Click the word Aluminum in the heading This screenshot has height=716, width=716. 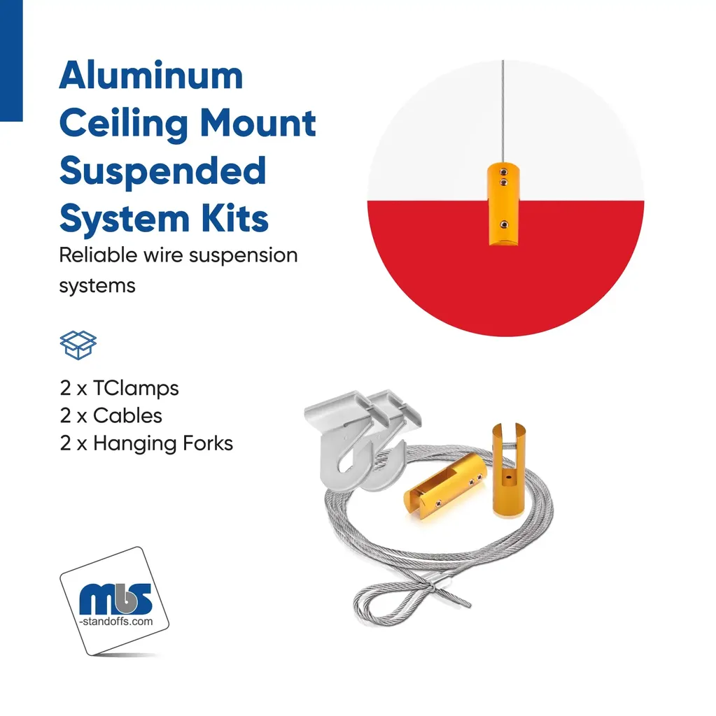pyautogui.click(x=151, y=76)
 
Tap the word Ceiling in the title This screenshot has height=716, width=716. pyautogui.click(x=123, y=124)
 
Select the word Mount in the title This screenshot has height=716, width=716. pyautogui.click(x=258, y=123)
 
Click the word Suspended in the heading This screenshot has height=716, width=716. pyautogui.click(x=163, y=171)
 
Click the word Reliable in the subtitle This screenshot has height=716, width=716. pyautogui.click(x=98, y=255)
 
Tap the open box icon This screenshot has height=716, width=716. pyautogui.click(x=78, y=345)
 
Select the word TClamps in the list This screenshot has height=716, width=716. pyautogui.click(x=136, y=389)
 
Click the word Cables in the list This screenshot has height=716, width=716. pyautogui.click(x=127, y=416)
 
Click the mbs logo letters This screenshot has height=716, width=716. pyautogui.click(x=115, y=599)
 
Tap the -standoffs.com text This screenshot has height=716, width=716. pyautogui.click(x=116, y=622)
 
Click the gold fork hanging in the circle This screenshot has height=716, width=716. pyautogui.click(x=503, y=204)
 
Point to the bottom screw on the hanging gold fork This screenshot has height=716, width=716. pyautogui.click(x=504, y=224)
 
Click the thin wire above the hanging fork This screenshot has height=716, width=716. pyautogui.click(x=503, y=111)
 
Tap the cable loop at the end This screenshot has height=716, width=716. pyautogui.click(x=393, y=603)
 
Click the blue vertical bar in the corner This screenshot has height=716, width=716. pyautogui.click(x=11, y=61)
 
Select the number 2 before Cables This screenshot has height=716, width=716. pyautogui.click(x=65, y=416)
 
